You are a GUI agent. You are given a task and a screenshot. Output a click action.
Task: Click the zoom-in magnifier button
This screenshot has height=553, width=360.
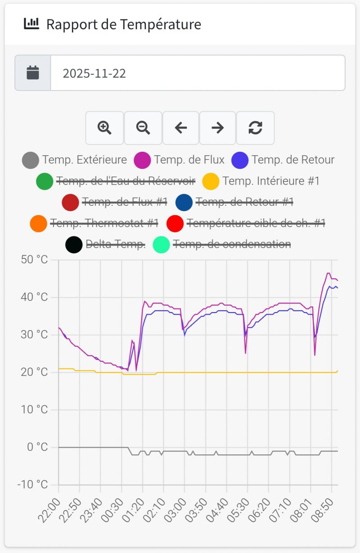pos(104,128)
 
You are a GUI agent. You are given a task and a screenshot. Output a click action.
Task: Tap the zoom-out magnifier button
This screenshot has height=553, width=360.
pos(143,128)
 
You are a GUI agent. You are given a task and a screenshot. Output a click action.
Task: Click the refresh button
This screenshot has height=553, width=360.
pos(255,128)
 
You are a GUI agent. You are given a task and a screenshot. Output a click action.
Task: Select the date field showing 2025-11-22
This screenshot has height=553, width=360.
pos(198,73)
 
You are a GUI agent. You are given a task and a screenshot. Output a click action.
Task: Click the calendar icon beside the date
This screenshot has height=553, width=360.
pos(33,73)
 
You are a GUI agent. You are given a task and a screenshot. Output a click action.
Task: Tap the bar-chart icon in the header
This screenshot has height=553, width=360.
pos(31,24)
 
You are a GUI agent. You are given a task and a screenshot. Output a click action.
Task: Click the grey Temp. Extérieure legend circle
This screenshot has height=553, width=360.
pos(31,160)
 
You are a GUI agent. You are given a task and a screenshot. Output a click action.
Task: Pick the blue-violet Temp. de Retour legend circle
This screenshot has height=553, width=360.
pos(240,160)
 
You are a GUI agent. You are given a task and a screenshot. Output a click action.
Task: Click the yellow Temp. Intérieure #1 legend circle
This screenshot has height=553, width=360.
pos(211,181)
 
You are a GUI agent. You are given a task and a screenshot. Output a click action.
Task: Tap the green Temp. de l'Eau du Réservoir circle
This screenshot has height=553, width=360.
pos(45,181)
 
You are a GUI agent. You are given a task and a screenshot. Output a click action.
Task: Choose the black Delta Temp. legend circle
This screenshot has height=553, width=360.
pos(74,245)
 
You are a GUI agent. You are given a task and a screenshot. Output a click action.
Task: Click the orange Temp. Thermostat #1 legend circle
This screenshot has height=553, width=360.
pos(38,223)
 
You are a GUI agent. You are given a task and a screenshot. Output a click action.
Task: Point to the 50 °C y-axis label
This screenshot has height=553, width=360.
pos(35,260)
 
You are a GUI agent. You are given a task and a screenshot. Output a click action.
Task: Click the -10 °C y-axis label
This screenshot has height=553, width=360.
pos(32,485)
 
